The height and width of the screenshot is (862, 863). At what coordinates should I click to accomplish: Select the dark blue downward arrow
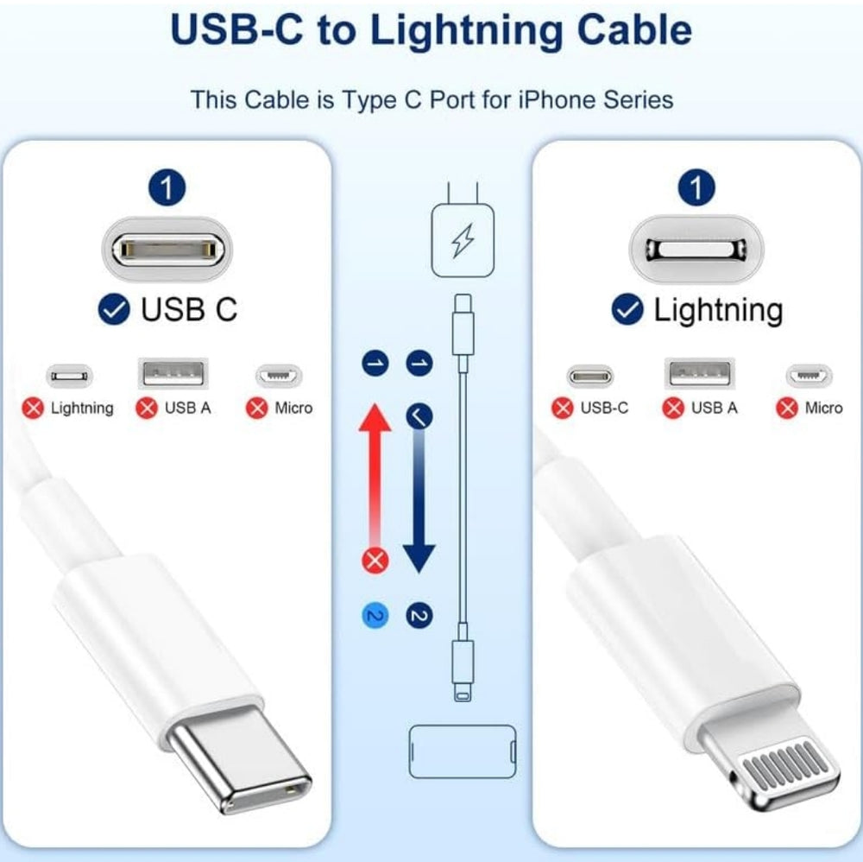tap(418, 501)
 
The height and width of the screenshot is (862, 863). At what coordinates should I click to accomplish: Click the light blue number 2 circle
tap(375, 616)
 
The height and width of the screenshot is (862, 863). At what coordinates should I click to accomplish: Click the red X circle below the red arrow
tap(375, 560)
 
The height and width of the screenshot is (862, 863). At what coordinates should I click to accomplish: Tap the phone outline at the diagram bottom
tap(462, 747)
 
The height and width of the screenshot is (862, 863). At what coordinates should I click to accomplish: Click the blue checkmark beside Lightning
tap(627, 309)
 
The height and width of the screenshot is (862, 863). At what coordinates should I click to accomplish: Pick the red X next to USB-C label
tap(563, 408)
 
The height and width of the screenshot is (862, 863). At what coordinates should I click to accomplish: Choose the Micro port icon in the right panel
tap(809, 376)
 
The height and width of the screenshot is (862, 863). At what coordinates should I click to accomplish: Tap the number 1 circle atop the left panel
tap(167, 188)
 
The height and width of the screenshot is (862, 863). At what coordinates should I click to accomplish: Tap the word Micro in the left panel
tap(293, 408)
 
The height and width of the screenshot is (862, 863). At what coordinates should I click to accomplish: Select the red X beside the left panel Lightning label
tap(34, 408)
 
